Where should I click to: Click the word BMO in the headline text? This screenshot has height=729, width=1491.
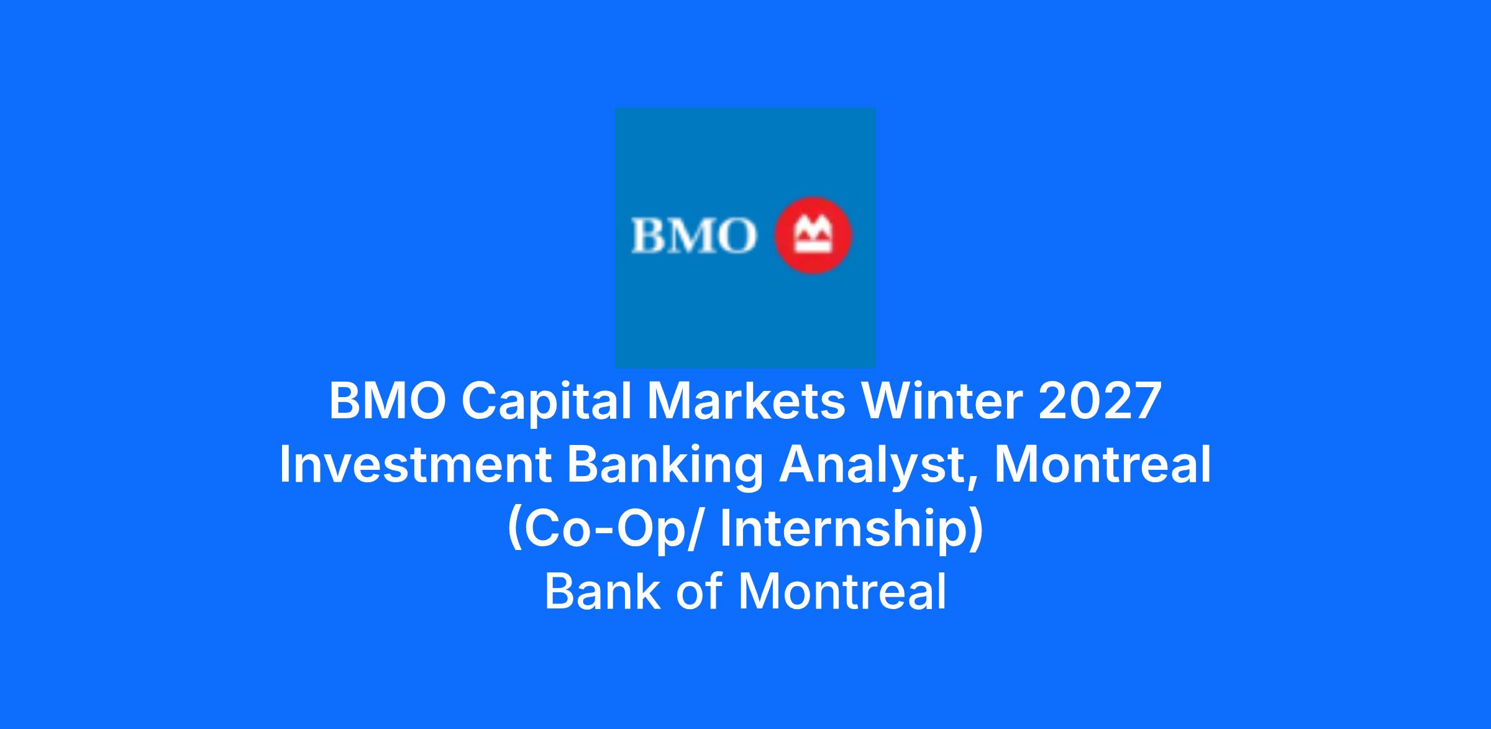point(388,401)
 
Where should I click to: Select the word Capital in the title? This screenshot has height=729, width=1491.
point(547,403)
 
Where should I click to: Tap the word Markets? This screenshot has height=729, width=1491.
point(746,401)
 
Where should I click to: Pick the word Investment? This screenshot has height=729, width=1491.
point(416,465)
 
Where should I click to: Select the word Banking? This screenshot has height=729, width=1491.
point(665,467)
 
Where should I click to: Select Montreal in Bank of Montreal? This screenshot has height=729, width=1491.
point(842,591)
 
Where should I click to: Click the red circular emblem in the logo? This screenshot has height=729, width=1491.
point(813,236)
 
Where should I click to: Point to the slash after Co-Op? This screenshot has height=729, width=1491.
point(693,529)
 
